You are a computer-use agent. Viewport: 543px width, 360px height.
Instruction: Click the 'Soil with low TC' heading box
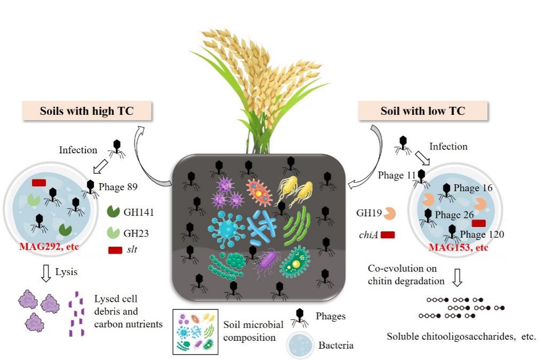[422, 111]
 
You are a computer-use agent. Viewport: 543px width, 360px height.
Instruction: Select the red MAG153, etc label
[458, 248]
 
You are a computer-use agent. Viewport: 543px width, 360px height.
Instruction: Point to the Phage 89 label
[118, 187]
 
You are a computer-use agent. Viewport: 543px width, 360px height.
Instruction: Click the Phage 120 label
[482, 234]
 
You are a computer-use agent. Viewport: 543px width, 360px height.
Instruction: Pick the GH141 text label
[138, 212]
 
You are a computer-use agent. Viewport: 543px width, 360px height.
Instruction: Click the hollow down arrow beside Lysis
[46, 273]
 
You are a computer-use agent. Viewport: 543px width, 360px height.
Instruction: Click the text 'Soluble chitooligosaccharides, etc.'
[461, 337]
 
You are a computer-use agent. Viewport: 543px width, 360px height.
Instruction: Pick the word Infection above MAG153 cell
[448, 146]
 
